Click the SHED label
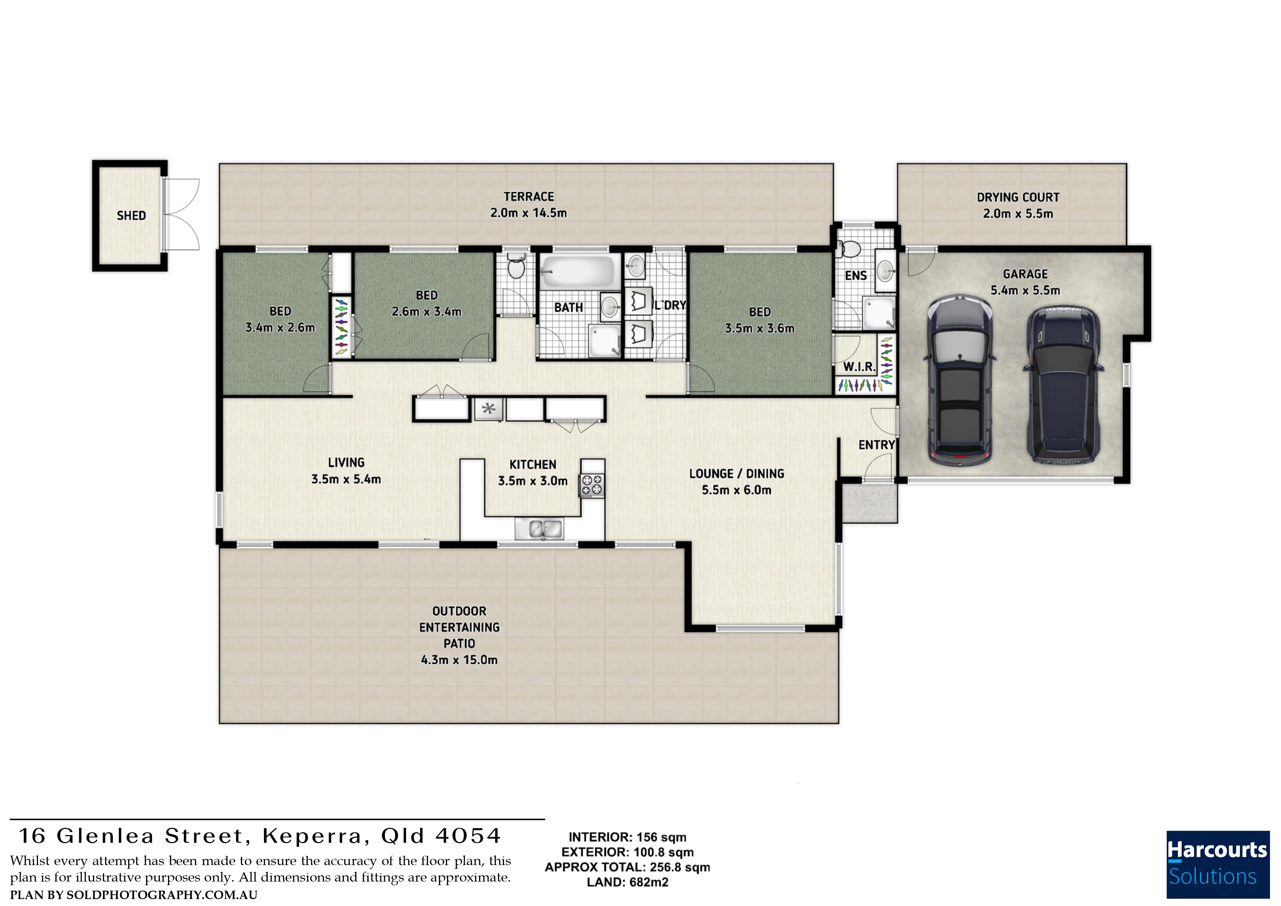tap(131, 216)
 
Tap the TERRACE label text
tap(529, 197)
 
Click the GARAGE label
tap(1025, 274)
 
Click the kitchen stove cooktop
tap(592, 484)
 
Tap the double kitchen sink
tap(539, 528)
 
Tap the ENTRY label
tap(876, 445)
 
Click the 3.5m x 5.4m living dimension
tap(346, 479)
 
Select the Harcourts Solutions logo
tap(1218, 865)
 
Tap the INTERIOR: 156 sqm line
tap(627, 837)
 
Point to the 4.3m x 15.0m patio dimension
tap(459, 660)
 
